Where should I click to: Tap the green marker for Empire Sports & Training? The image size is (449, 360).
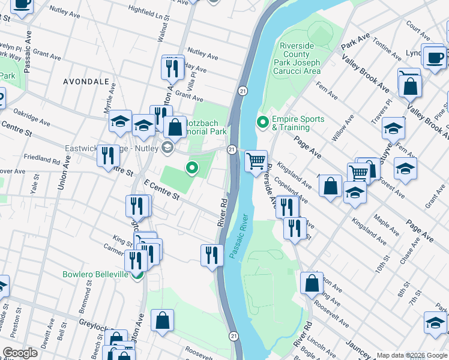262,123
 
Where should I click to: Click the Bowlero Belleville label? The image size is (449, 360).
95,274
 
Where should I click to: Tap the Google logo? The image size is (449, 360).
20,352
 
